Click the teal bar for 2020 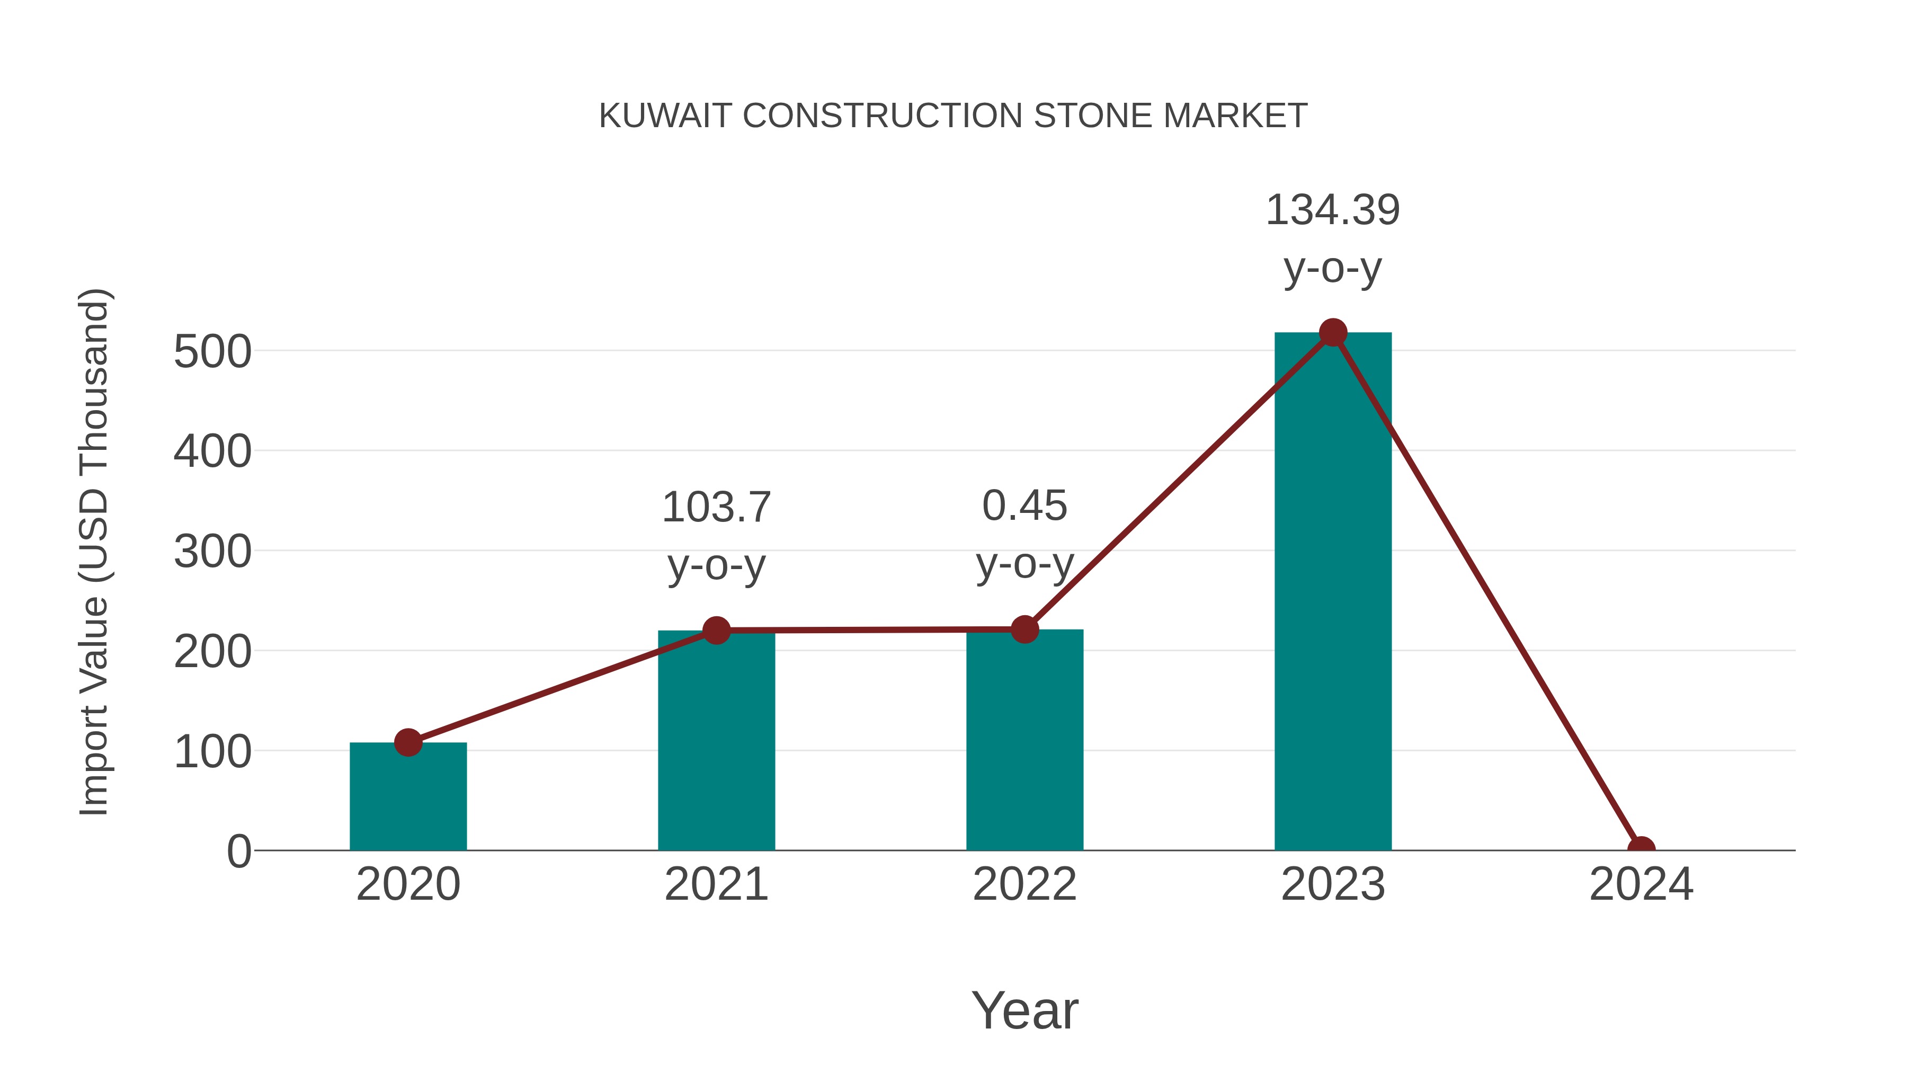[408, 800]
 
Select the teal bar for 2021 [716, 741]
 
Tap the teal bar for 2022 [1024, 741]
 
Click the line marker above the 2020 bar [408, 742]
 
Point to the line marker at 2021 [716, 630]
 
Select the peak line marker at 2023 [1333, 332]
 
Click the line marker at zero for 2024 [1641, 849]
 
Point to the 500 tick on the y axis [212, 352]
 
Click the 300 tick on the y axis [212, 553]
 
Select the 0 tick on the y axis [238, 852]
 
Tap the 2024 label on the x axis [1641, 885]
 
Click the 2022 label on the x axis [1024, 885]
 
